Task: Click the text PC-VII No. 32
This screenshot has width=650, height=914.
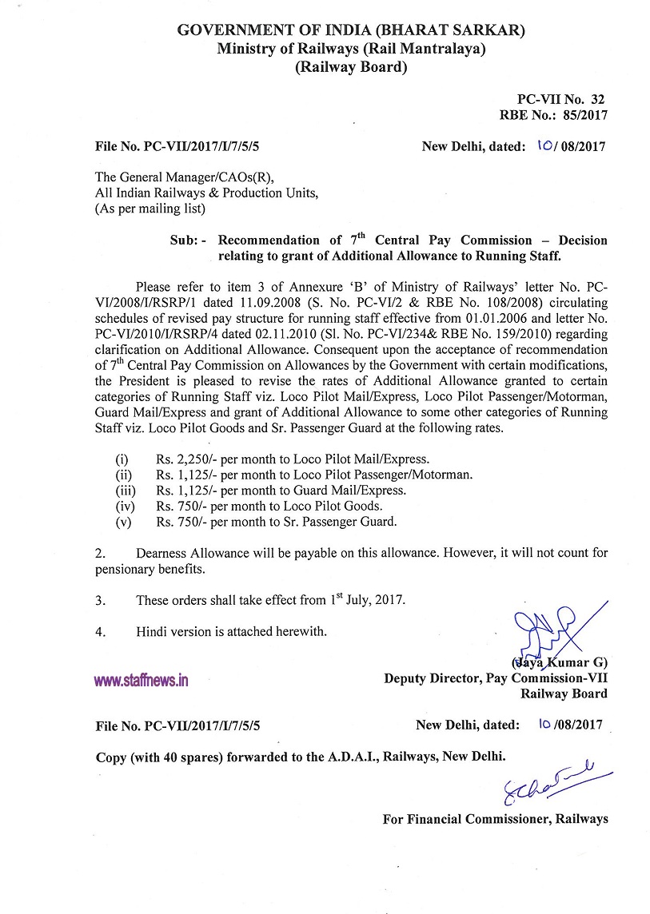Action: coord(560,99)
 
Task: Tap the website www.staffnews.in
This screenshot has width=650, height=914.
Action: coord(141,681)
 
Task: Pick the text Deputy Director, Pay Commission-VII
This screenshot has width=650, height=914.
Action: coord(495,678)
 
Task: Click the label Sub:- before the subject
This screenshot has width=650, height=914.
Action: coord(189,240)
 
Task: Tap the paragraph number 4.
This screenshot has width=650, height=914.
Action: coord(99,632)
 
